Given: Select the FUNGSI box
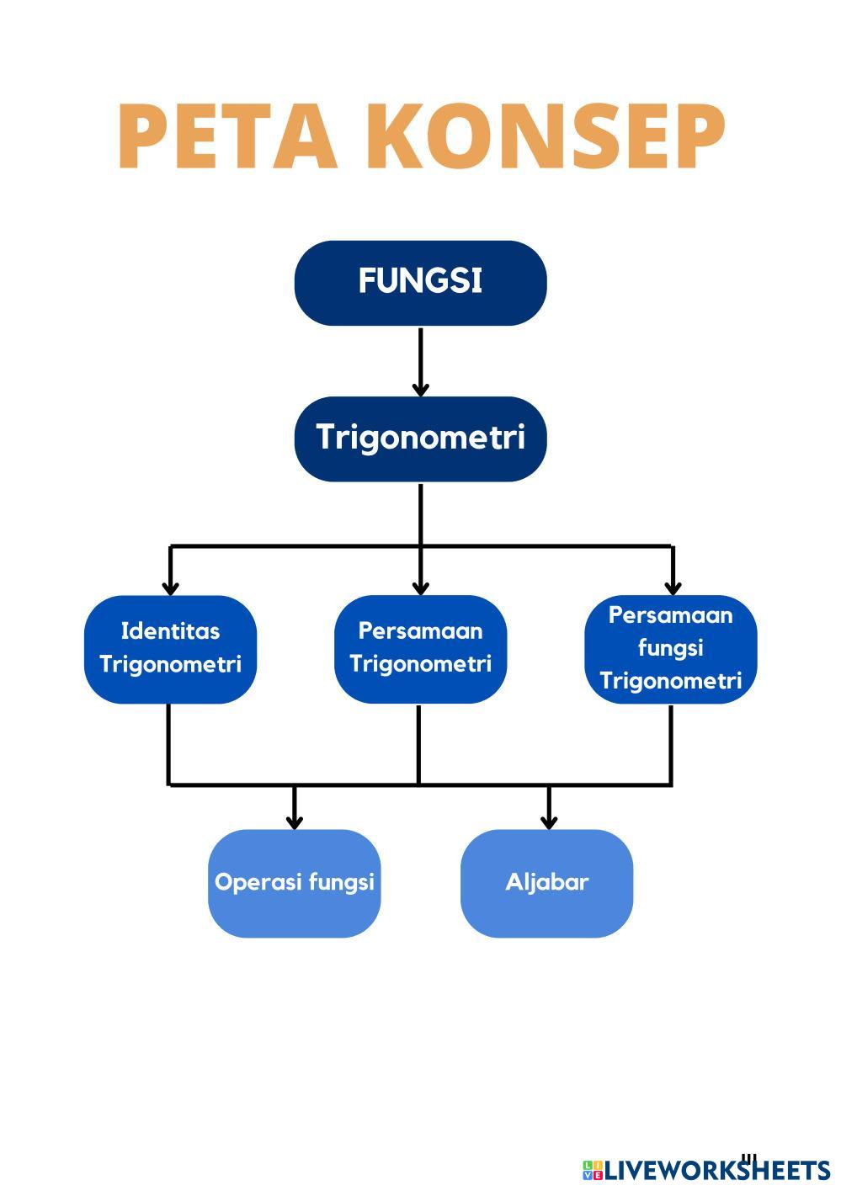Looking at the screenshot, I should click(420, 283).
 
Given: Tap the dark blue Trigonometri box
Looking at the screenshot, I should click(420, 439).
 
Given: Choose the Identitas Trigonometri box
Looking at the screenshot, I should click(170, 649).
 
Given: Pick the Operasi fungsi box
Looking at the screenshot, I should click(294, 883).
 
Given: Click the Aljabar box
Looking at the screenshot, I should click(546, 883).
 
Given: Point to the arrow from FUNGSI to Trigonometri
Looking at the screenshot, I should click(420, 361).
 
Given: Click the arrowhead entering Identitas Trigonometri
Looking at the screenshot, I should click(170, 587).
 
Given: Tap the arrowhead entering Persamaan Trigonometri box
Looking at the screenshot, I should click(421, 587).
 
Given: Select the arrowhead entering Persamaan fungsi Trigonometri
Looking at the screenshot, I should click(672, 587).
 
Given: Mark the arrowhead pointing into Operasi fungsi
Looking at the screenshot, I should click(294, 821).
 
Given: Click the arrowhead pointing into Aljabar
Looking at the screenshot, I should click(549, 821).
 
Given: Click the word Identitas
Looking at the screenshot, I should click(170, 631).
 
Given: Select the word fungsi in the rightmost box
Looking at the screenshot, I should click(670, 648).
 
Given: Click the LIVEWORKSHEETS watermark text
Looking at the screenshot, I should click(716, 1170).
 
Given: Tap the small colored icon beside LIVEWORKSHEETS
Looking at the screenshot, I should click(592, 1170).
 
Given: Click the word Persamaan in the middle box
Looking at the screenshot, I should click(420, 630).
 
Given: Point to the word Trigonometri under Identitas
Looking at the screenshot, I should click(170, 664).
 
